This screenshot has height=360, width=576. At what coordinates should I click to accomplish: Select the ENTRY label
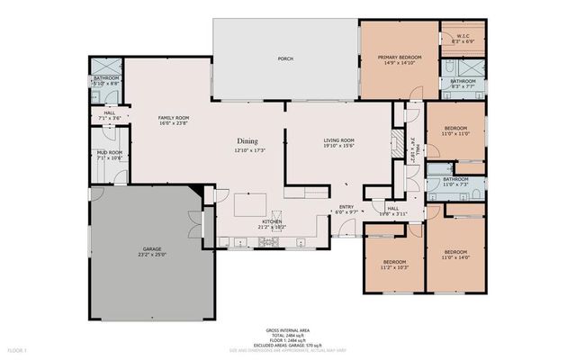[x=346, y=205]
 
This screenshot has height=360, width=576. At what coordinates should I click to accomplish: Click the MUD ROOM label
[x=109, y=152]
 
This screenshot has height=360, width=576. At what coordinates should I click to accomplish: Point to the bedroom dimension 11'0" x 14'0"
[x=455, y=258]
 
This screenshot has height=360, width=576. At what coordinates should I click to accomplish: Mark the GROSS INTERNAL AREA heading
[x=287, y=331]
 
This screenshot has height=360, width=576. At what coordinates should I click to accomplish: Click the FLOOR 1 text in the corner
[x=18, y=348]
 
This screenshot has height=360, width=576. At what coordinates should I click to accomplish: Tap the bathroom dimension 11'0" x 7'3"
[x=455, y=184]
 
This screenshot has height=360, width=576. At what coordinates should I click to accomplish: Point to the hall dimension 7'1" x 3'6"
[x=108, y=117]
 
